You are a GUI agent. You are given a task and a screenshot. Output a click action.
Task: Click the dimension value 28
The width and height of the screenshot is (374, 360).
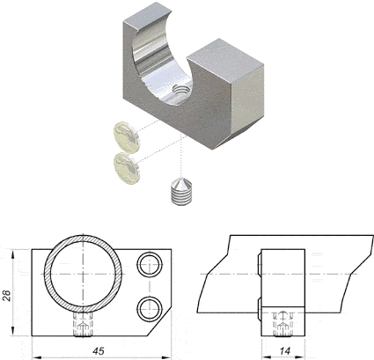[7, 296]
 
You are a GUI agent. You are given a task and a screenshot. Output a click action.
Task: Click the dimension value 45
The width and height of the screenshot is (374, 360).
[99, 351]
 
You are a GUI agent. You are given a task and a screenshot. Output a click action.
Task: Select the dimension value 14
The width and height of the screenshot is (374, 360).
[284, 351]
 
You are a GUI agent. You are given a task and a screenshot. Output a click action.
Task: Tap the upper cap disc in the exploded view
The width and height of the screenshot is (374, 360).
[126, 137]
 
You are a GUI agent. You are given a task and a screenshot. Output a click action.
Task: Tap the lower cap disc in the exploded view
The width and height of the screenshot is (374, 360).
[126, 168]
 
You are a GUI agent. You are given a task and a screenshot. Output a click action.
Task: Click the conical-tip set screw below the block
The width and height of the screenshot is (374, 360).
[181, 192]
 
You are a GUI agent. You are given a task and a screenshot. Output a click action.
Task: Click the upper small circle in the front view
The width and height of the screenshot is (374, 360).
[150, 264]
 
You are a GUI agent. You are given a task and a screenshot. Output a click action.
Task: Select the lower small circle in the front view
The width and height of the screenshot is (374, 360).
[150, 310]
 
